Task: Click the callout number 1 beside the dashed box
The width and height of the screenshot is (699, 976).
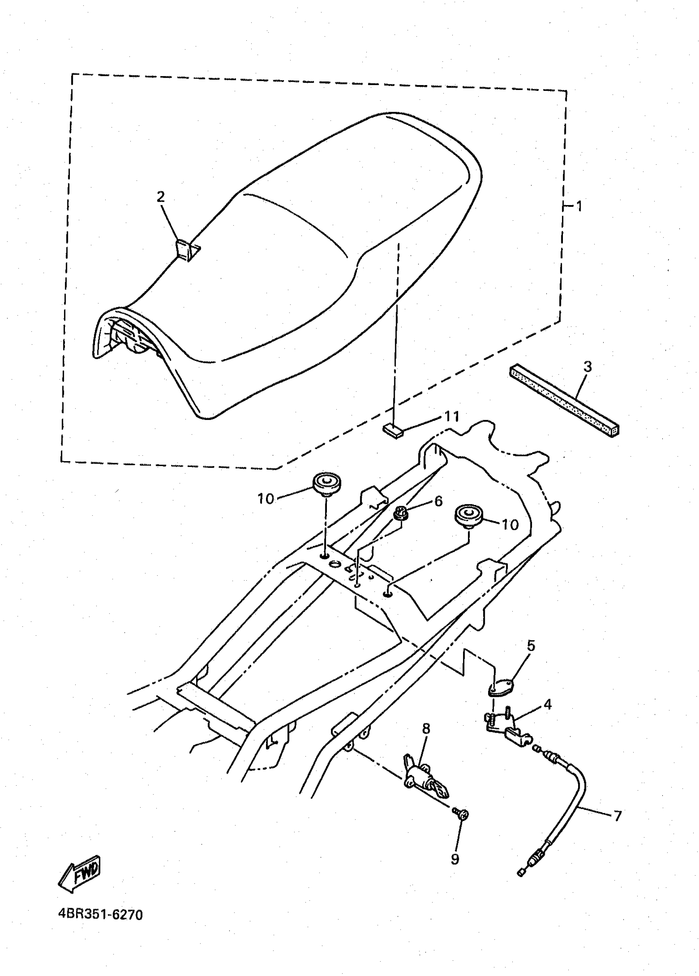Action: [579, 206]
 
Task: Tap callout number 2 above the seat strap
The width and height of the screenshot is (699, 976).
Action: [160, 197]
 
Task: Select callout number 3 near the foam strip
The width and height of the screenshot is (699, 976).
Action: [588, 367]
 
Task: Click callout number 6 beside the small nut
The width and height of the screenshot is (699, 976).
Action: [438, 501]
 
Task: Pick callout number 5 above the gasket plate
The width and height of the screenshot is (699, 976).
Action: [531, 646]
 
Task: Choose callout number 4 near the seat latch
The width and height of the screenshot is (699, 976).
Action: [548, 705]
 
